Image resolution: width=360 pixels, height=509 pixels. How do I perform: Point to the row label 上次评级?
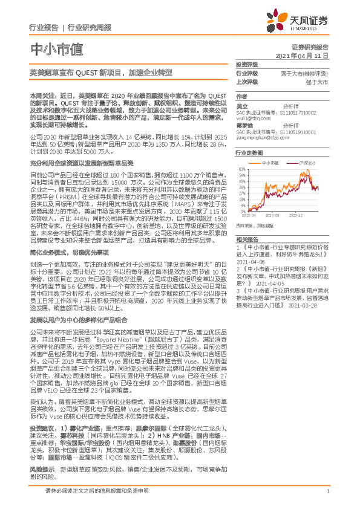[247, 82]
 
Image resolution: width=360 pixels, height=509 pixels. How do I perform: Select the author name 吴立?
[242, 105]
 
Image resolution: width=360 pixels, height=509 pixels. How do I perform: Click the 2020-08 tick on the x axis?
[272, 214]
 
